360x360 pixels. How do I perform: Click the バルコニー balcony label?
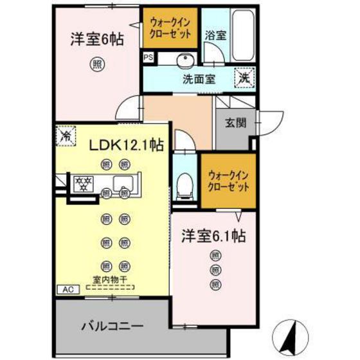[x=112, y=325]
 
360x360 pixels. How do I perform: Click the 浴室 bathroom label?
[x=215, y=35]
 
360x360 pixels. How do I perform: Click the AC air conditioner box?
[x=67, y=290]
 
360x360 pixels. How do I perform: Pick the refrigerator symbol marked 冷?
[x=65, y=136]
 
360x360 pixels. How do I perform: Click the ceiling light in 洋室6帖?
[x=96, y=64]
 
